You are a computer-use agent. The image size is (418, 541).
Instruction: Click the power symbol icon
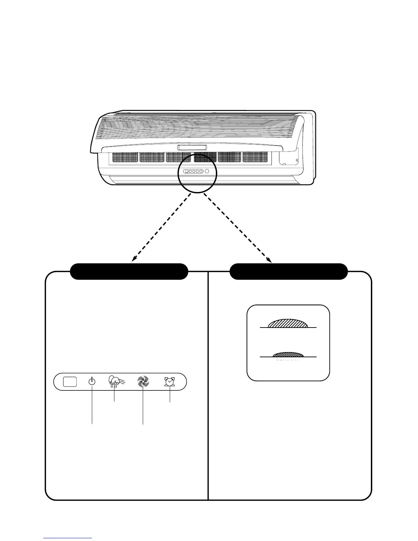pos(92,382)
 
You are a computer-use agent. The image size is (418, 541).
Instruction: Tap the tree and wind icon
pos(115,382)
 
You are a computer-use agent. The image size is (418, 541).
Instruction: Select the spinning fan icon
pos(143,382)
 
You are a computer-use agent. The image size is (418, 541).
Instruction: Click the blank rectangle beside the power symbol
pos(70,382)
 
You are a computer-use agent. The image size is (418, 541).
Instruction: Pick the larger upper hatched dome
pos(289,323)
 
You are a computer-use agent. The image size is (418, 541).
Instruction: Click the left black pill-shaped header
pos(129,272)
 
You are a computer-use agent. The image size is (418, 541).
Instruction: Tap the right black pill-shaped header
pos(289,272)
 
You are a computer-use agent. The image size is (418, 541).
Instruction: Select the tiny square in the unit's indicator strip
pos(186,171)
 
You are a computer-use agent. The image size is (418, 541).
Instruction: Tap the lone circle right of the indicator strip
pos(207,171)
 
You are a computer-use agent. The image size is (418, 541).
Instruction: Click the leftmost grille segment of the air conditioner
pos(124,157)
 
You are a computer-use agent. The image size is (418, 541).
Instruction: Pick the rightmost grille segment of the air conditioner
pos(255,157)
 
